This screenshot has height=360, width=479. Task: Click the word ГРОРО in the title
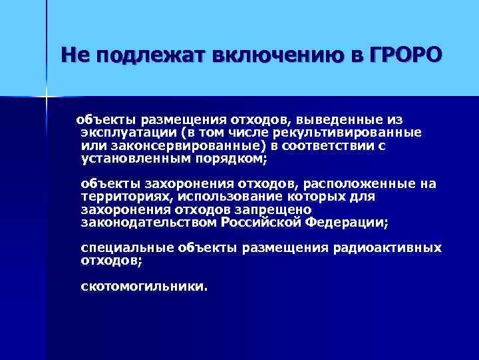coord(403,55)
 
